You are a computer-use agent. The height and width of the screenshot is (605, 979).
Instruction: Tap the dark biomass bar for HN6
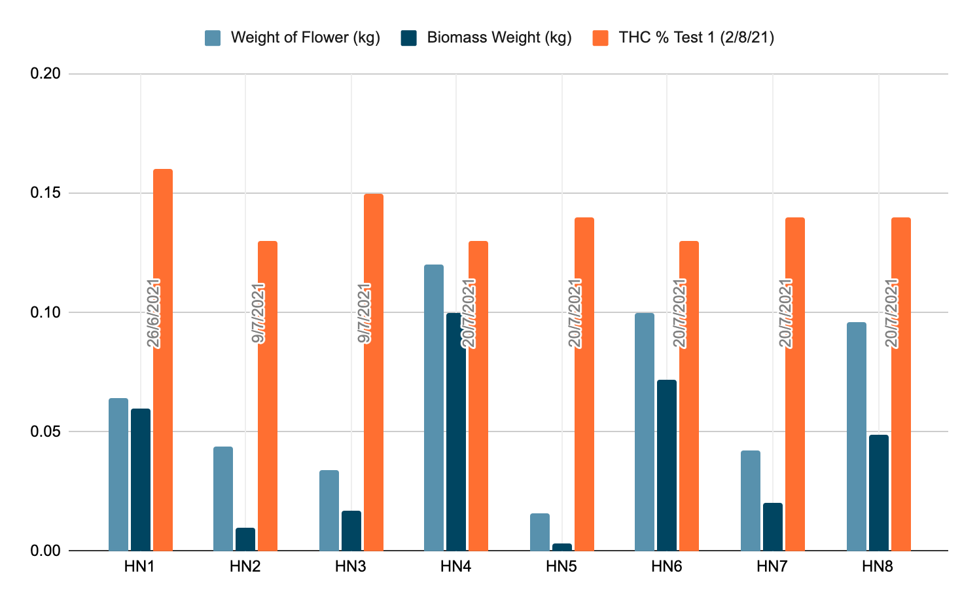[x=667, y=465]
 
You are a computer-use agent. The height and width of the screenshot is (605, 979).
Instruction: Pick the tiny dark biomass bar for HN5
[x=561, y=547]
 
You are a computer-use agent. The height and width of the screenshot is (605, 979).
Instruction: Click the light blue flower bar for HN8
[x=857, y=436]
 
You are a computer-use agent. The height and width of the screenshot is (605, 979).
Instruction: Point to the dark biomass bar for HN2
[x=245, y=539]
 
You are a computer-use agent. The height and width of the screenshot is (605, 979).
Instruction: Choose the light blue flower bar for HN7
[x=751, y=500]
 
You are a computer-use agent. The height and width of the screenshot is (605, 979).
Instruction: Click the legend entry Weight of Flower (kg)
[x=305, y=37]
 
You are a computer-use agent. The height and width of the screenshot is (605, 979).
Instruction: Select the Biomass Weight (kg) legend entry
[x=499, y=37]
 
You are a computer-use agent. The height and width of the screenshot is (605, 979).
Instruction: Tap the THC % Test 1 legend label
[x=696, y=37]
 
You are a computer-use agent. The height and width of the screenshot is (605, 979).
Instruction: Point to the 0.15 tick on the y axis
[x=46, y=193]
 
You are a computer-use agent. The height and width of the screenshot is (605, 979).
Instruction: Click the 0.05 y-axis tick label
[x=46, y=431]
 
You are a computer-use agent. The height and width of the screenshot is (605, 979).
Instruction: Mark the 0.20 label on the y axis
[x=46, y=74]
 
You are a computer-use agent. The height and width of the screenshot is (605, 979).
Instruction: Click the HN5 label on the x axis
[x=561, y=566]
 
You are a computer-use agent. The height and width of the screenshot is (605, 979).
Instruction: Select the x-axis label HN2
[x=245, y=566]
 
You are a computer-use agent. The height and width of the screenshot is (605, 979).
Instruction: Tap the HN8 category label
[x=878, y=566]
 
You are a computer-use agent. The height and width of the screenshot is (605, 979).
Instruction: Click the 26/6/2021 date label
[x=154, y=313]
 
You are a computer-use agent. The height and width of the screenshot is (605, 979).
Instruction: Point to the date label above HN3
[x=365, y=313]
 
